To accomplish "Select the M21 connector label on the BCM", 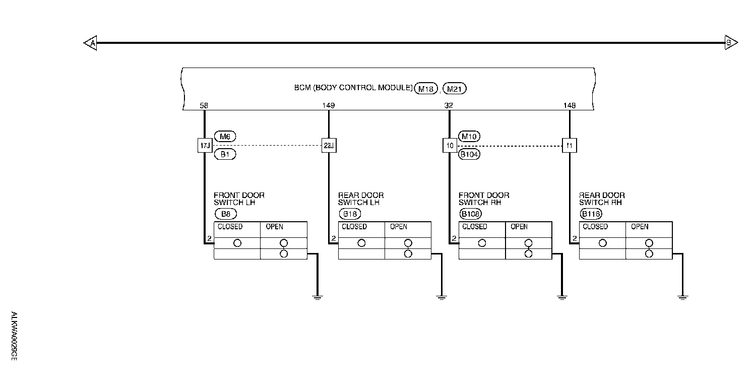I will point(455,89).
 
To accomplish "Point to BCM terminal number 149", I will point(328,106).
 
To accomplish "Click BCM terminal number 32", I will point(449,106).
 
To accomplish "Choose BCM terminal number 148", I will point(570,106).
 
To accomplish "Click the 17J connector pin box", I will point(205,146).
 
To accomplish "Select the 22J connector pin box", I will point(329,146).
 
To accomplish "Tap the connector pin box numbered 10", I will point(450,146).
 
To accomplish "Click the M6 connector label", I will point(225,136).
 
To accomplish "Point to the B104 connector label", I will point(469,155).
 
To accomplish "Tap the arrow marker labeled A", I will point(90,43).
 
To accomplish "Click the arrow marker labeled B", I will point(730,43).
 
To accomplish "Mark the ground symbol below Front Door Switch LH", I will point(317,297).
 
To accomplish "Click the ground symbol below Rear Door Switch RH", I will point(682,297).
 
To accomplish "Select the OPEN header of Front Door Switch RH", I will point(519,227).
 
